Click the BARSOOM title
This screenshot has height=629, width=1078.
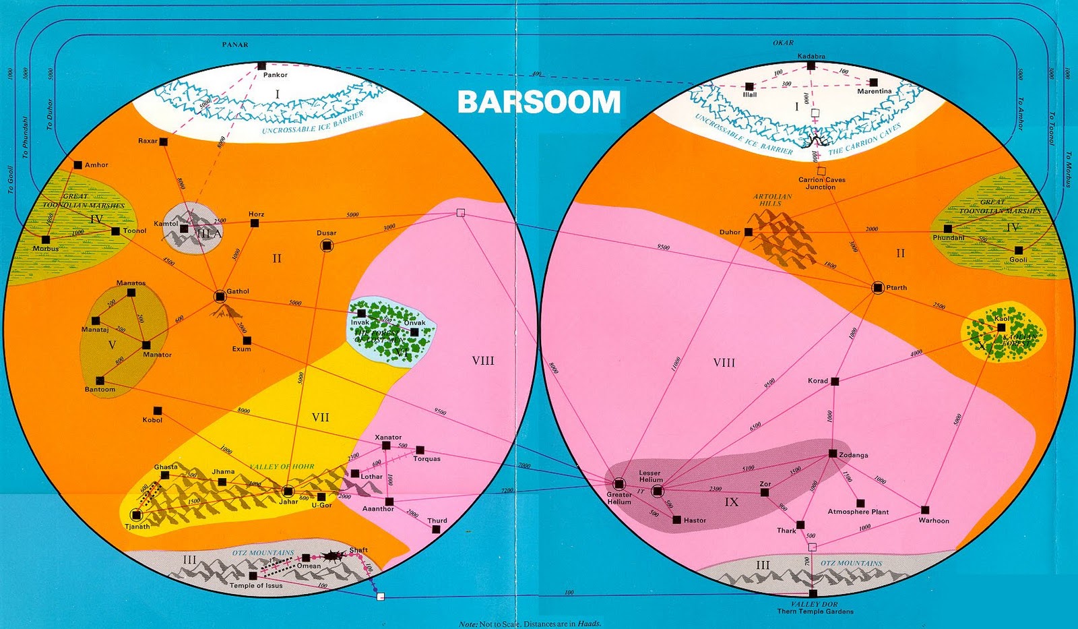pyautogui.click(x=538, y=102)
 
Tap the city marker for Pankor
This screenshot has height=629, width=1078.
pyautogui.click(x=261, y=66)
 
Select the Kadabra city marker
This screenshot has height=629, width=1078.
pyautogui.click(x=811, y=66)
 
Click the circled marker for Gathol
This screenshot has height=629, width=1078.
pyautogui.click(x=220, y=296)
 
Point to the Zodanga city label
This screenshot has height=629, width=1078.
pyautogui.click(x=854, y=455)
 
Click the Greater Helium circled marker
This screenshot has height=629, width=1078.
pyautogui.click(x=619, y=483)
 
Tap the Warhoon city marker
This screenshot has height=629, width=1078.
pyautogui.click(x=925, y=510)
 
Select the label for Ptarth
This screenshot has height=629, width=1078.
pyautogui.click(x=896, y=288)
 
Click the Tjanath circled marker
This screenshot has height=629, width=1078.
pyautogui.click(x=136, y=516)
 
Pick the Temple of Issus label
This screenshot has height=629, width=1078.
pyautogui.click(x=256, y=585)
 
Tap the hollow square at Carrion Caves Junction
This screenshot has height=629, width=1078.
pyautogui.click(x=822, y=171)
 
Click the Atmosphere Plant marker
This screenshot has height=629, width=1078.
pyautogui.click(x=860, y=503)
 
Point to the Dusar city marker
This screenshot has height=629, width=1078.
pyautogui.click(x=327, y=246)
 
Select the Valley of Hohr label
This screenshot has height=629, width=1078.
pyautogui.click(x=282, y=467)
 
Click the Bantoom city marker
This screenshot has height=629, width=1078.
pyautogui.click(x=100, y=380)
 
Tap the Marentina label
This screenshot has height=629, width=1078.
pyautogui.click(x=875, y=91)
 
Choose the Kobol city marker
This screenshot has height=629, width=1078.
pyautogui.click(x=158, y=411)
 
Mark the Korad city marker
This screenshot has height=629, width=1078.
pyautogui.click(x=835, y=382)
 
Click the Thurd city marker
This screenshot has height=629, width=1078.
pyautogui.click(x=437, y=529)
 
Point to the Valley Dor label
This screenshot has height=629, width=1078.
pyautogui.click(x=815, y=604)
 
